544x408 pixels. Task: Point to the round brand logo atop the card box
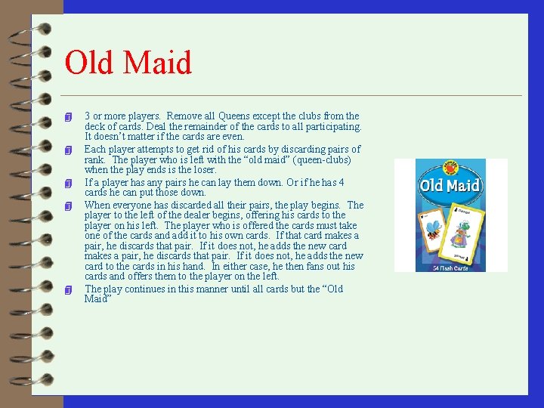452,165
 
